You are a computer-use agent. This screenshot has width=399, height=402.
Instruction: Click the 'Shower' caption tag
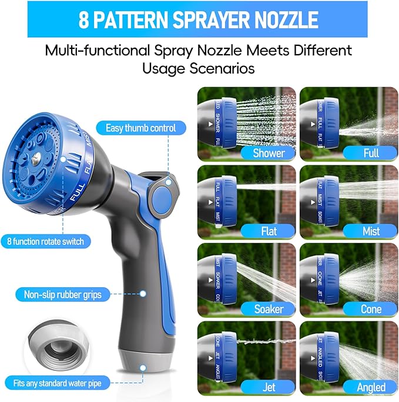pyautogui.click(x=268, y=154)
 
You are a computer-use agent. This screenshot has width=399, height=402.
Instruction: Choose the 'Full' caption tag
pyautogui.click(x=371, y=154)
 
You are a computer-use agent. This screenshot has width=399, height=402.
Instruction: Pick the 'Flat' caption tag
pyautogui.click(x=268, y=231)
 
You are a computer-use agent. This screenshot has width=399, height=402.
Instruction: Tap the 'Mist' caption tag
pyautogui.click(x=371, y=231)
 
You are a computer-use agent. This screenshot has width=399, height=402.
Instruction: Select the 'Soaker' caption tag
pyautogui.click(x=268, y=309)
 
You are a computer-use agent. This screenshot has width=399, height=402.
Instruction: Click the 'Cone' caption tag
pyautogui.click(x=371, y=309)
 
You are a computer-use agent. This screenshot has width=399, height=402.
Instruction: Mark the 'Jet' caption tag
pyautogui.click(x=268, y=387)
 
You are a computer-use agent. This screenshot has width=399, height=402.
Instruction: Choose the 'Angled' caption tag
pyautogui.click(x=371, y=387)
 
